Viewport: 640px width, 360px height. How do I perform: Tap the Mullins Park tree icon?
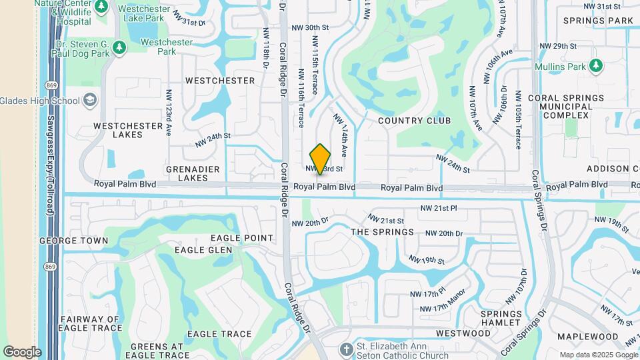pos(595,65)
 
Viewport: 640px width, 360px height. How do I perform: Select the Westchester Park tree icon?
pos(119,47)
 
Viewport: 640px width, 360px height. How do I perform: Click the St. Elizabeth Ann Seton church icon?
pos(345,349)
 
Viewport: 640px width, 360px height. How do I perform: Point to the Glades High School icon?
pos(89,101)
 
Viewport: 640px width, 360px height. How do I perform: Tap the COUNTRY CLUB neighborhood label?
pos(414,121)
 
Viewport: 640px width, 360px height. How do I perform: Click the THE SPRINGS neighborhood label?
pos(382,232)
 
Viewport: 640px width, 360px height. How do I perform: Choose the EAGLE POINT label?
pos(242,238)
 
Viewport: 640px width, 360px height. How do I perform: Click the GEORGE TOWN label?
pos(73,240)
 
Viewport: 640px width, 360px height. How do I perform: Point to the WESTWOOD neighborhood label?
pos(463,333)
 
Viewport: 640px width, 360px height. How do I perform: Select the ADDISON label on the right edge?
pos(613,169)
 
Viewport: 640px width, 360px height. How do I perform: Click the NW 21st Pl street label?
pos(439,209)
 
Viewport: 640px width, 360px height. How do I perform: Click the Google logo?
pos(22,352)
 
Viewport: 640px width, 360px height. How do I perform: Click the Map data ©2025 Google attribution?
pos(598,355)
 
